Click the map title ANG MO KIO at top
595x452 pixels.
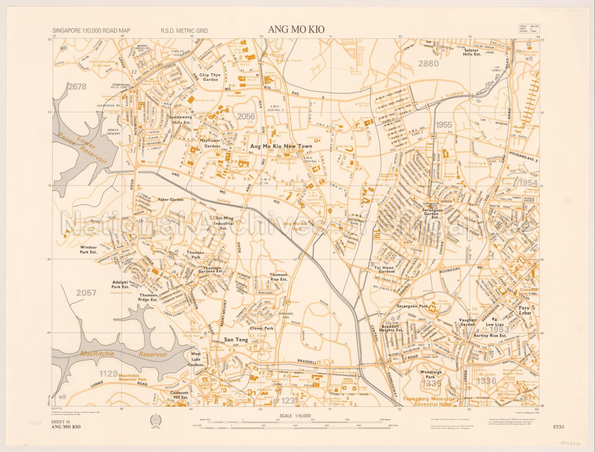point(296,30)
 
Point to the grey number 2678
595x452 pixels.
point(77,87)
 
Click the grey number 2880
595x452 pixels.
point(428,64)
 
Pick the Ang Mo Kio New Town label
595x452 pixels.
point(281,146)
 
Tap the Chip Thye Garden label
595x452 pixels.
point(210,77)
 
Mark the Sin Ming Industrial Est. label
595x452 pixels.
point(225,223)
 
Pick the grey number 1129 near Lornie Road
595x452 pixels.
point(108,374)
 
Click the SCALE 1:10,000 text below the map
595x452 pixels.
point(295,416)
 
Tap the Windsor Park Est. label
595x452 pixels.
point(88,249)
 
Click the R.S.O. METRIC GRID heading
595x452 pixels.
point(184,31)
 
